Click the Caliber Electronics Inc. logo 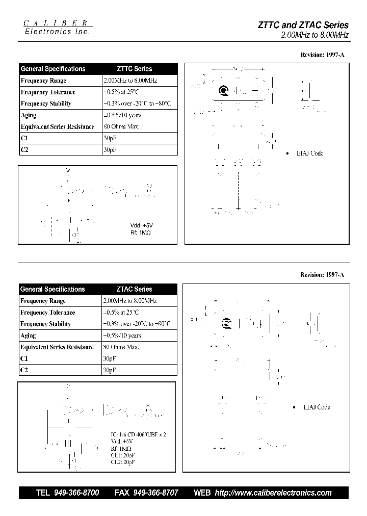(x=58, y=28)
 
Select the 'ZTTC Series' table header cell (x=131, y=69)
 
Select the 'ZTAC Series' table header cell (x=131, y=289)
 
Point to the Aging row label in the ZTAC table (x=28, y=336)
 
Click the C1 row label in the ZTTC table (x=24, y=138)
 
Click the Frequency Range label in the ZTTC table (x=43, y=81)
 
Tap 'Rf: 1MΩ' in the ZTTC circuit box (x=141, y=232)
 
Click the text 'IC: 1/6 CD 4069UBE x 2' (x=139, y=435)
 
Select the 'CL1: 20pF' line (x=123, y=455)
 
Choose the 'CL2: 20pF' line (x=123, y=461)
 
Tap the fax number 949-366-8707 (x=155, y=493)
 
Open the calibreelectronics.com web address (x=273, y=493)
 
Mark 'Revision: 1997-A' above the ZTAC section (x=322, y=275)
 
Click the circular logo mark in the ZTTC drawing (x=223, y=91)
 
